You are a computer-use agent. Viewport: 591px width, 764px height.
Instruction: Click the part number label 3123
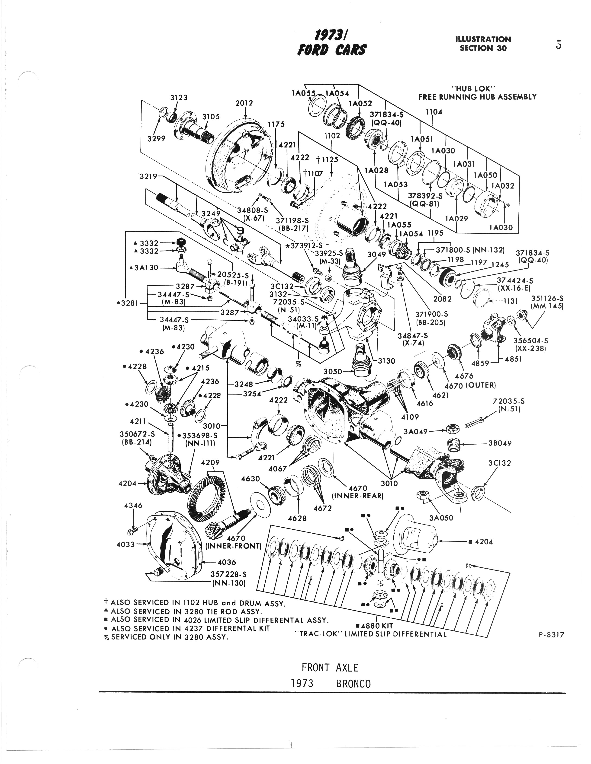(179, 98)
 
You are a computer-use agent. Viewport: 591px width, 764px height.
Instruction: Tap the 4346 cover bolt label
(133, 506)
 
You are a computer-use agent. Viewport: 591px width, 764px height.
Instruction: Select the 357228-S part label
(228, 574)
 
